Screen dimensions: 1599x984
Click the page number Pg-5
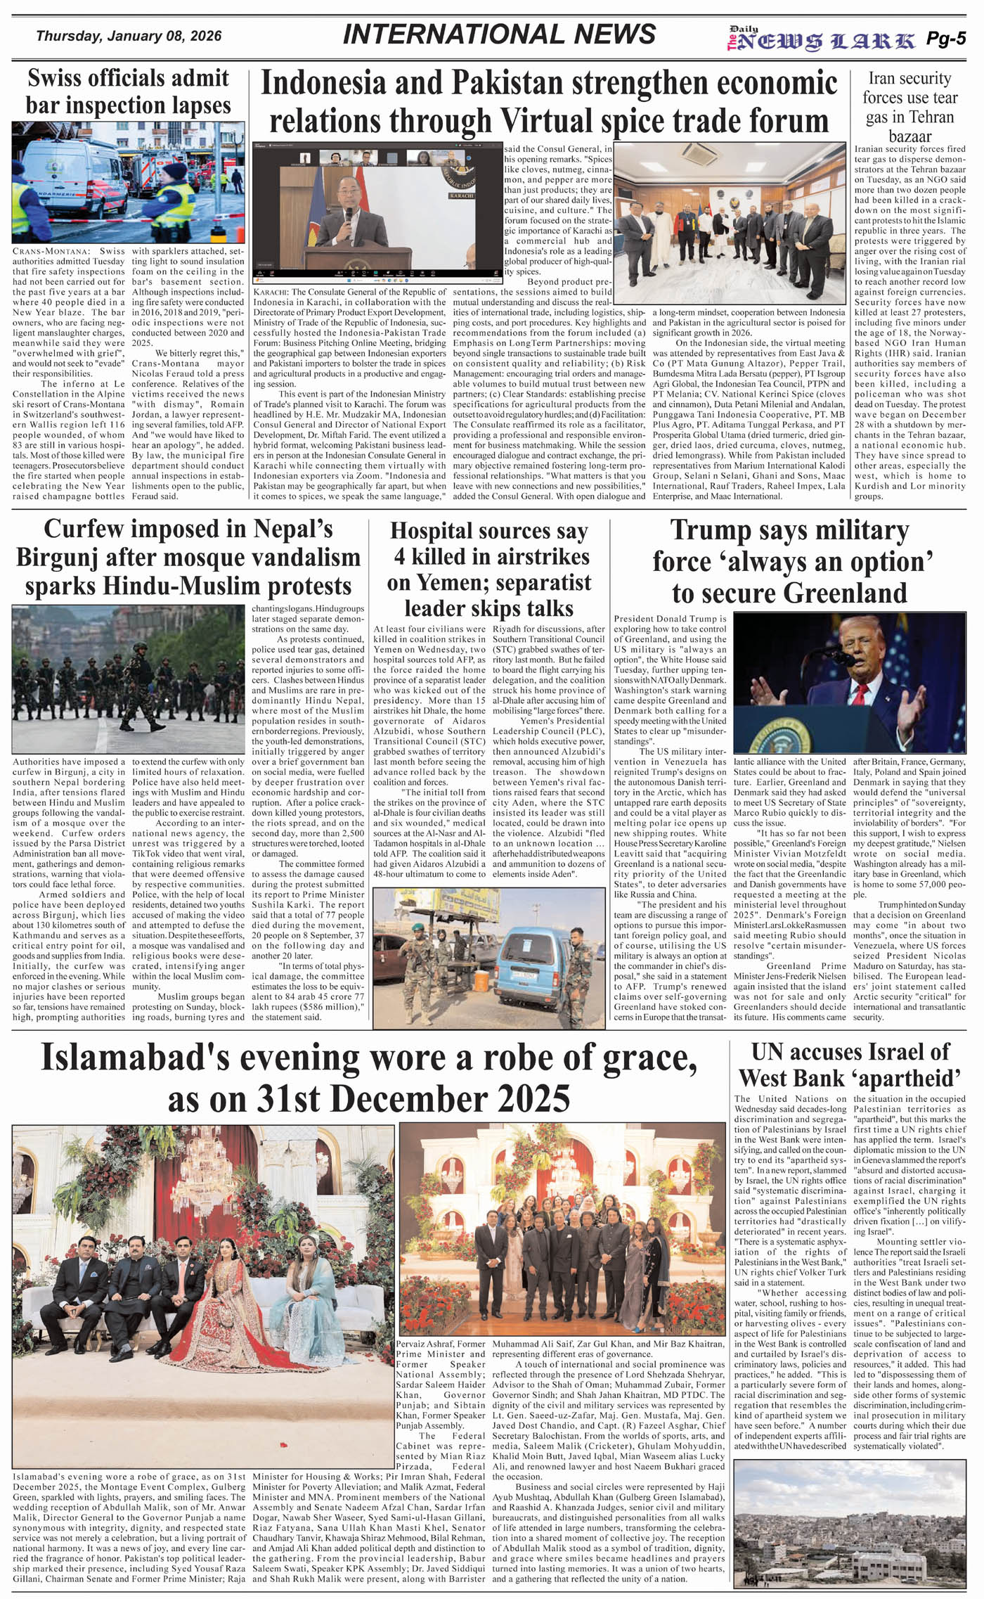pos(946,39)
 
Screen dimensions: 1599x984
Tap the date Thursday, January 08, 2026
pos(129,36)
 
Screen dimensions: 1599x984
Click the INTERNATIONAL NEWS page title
pos(499,34)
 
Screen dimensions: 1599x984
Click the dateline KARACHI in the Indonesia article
pos(271,292)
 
